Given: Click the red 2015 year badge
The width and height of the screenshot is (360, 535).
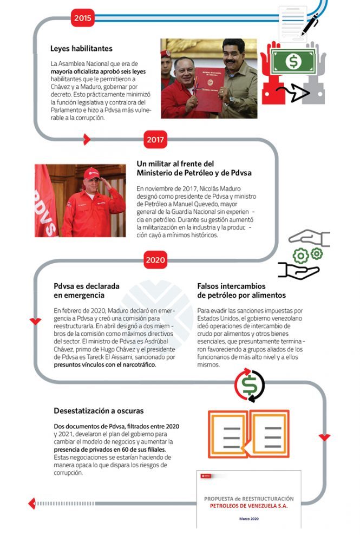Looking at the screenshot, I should pos(83,18).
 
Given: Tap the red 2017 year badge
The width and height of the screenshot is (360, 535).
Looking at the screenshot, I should pos(156,140).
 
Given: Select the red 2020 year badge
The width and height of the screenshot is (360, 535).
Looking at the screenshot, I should pos(156,260).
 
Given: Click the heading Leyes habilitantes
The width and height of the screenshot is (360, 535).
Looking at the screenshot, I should pos(81,49).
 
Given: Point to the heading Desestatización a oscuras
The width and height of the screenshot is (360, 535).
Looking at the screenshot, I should pos(99,410).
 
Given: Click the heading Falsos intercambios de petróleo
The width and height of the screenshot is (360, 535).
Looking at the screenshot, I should pos(241,290).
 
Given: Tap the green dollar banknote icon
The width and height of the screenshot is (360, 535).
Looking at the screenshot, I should pos(293,61).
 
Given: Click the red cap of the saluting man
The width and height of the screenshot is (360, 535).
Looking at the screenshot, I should pos(91,173).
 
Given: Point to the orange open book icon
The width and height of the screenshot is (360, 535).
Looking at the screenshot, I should pos(248,433).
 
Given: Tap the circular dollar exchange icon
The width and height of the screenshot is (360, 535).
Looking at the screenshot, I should pos(250,386).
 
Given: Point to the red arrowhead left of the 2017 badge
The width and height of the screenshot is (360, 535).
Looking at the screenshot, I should pos(87,140).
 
